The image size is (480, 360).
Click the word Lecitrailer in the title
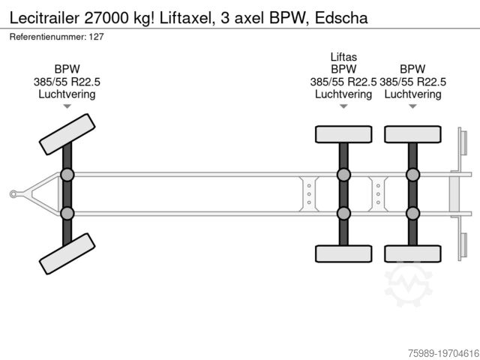pos(44,18)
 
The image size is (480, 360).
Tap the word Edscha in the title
pos(341,18)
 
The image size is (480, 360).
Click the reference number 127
pos(97,37)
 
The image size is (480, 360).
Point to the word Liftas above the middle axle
pos(343,57)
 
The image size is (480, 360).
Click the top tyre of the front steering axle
pos(67,134)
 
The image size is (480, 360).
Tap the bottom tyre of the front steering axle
pos(67,253)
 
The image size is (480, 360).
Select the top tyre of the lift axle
pos(343,134)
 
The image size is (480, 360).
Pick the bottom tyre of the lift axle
pos(343,253)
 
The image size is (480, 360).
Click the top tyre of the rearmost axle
pos(412,134)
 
